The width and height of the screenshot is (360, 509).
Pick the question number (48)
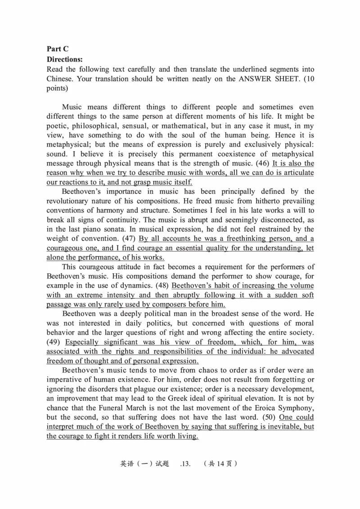tap(161, 286)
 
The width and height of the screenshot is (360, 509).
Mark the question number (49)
tap(55, 342)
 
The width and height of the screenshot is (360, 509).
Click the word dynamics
tap(135, 286)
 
